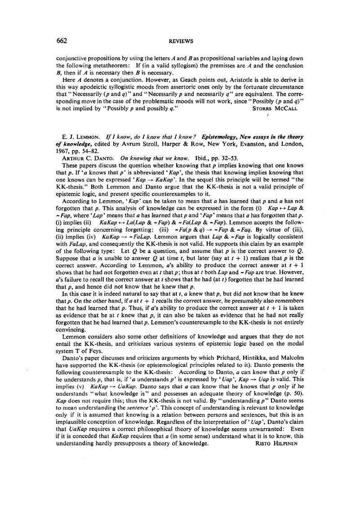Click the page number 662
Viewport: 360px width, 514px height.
pos(62,41)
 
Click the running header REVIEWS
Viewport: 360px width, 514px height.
pos(181,41)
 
